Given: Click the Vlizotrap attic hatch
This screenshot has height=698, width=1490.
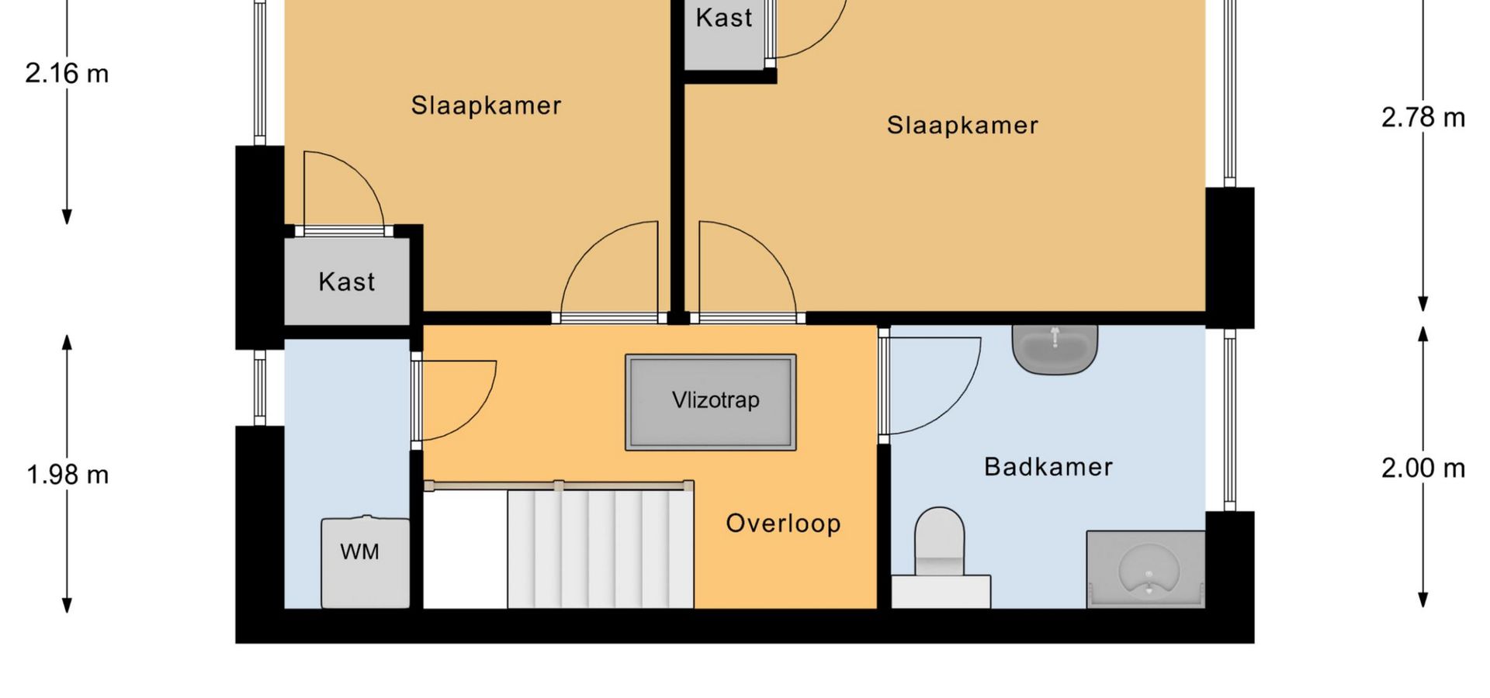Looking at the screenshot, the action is click(711, 402).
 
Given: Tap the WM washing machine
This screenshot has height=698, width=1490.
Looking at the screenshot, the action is click(365, 562).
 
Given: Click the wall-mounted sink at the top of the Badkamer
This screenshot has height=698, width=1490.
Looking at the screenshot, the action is click(1055, 349).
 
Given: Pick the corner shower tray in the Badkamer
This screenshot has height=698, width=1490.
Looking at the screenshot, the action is click(1145, 569).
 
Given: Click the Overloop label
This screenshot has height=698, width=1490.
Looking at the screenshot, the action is click(783, 523).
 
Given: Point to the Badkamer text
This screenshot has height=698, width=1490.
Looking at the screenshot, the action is click(1048, 467).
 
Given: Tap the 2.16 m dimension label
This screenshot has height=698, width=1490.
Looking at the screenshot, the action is click(67, 74).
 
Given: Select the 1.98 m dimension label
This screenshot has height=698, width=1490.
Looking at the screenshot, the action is click(68, 475).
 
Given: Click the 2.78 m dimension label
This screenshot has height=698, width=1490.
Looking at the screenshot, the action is click(1423, 118).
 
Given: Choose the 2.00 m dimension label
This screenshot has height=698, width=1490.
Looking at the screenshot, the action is click(1423, 468).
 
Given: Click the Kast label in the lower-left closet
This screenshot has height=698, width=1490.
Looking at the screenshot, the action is click(346, 282).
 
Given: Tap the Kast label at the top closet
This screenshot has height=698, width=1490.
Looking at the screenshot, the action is click(723, 18).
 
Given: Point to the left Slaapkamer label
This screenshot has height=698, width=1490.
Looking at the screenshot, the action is click(486, 105).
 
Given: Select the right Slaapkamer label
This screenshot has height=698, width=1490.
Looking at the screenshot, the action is click(962, 125).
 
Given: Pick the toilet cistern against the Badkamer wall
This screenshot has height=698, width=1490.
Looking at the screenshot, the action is click(941, 591).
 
